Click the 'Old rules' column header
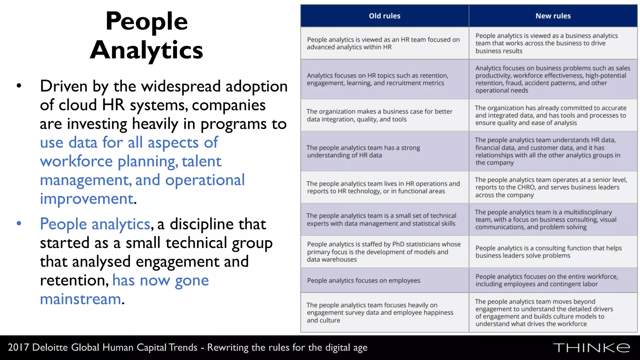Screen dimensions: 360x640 pyautogui.click(x=384, y=16)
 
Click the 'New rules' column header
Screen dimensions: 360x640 pyautogui.click(x=553, y=16)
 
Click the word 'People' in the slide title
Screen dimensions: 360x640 pyautogui.click(x=147, y=21)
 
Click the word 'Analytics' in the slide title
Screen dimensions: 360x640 pyautogui.click(x=147, y=50)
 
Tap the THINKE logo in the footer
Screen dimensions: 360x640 pyautogui.click(x=591, y=348)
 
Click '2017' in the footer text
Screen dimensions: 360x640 pyautogui.click(x=18, y=347)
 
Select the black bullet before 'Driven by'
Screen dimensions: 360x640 pyautogui.click(x=19, y=86)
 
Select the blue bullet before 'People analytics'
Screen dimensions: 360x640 pyautogui.click(x=19, y=223)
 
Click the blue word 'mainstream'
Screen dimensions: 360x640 pyautogui.click(x=81, y=299)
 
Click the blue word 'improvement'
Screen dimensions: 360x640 pyautogui.click(x=87, y=199)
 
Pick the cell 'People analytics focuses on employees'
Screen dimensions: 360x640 pyautogui.click(x=384, y=280)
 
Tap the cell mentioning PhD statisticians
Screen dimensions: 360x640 pyautogui.click(x=384, y=252)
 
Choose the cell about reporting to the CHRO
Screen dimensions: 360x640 pyautogui.click(x=553, y=187)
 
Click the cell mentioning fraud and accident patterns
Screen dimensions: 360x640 pyautogui.click(x=553, y=79)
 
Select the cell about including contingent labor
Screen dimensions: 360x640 pyautogui.click(x=553, y=280)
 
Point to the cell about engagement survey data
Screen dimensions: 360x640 pyautogui.click(x=384, y=312)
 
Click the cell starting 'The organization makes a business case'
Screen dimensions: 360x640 pyautogui.click(x=384, y=115)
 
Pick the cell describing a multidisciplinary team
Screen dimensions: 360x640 pyautogui.click(x=553, y=219)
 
